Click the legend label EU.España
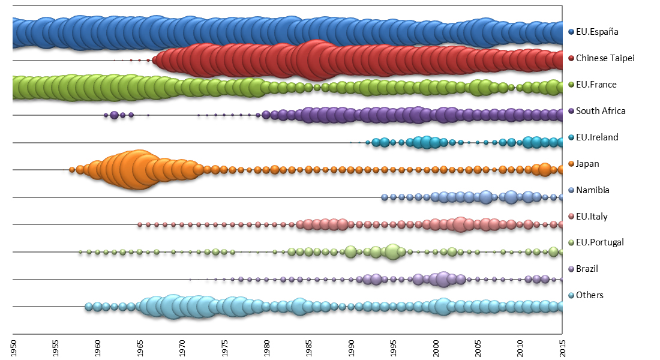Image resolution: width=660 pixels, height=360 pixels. point(596,32)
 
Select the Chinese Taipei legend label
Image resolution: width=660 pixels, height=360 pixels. point(605,58)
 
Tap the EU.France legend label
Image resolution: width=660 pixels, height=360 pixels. point(596,85)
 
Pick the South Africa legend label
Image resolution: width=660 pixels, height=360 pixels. point(601,111)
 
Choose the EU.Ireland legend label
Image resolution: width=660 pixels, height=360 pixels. point(597,137)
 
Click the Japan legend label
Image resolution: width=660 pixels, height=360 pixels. point(587,164)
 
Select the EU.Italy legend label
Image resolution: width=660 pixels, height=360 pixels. point(592,217)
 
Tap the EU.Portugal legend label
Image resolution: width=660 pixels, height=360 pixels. point(600,242)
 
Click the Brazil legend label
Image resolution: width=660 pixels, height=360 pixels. point(587,269)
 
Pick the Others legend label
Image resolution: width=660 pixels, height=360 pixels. point(590,295)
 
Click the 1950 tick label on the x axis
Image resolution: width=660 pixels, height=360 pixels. point(13,347)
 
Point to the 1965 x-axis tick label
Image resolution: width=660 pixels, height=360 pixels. point(140,347)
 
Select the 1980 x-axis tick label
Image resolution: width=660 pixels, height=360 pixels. point(266,347)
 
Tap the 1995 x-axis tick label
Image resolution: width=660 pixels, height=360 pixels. point(394,347)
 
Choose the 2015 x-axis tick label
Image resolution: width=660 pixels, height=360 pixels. point(562,347)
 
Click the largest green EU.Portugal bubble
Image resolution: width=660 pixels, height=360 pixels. point(393,251)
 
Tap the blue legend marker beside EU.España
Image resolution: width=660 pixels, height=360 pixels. point(571,32)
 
